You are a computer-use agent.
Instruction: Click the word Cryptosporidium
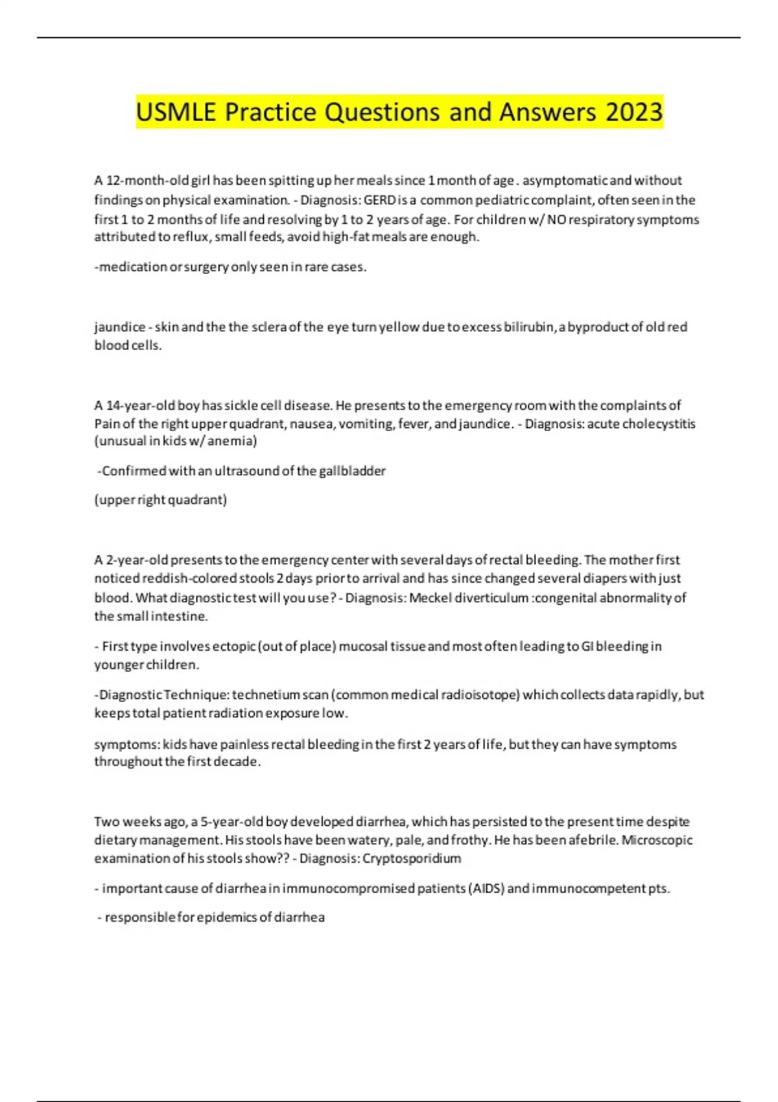point(412,858)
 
